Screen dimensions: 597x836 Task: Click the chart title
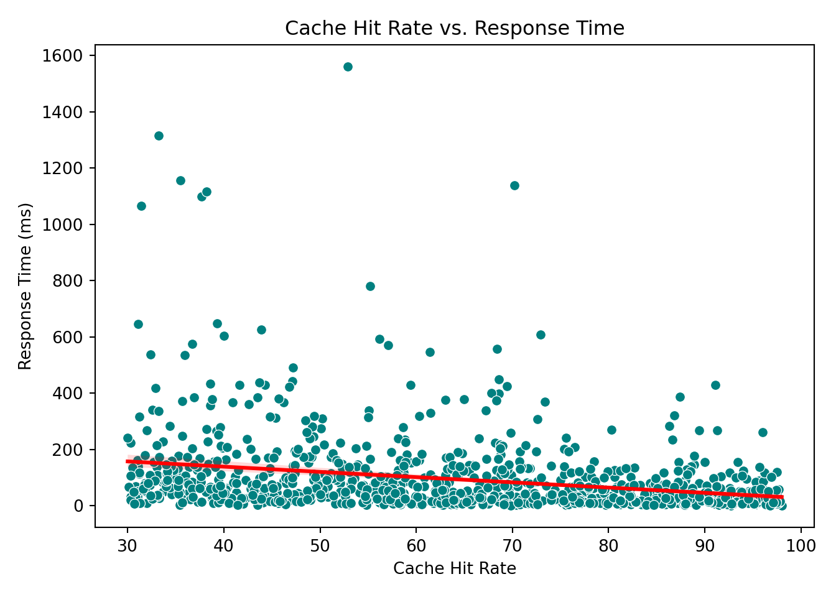(x=454, y=29)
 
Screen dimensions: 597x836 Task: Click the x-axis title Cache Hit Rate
(x=454, y=568)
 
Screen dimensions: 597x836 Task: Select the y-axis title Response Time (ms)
(x=25, y=286)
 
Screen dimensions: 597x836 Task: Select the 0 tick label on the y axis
(x=79, y=506)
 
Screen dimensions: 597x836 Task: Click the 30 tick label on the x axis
(x=128, y=547)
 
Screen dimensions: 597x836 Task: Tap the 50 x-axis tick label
(x=320, y=547)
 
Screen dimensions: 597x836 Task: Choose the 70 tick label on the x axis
(x=512, y=547)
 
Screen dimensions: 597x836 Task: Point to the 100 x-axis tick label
(x=801, y=547)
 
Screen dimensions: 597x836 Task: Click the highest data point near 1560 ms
(x=348, y=67)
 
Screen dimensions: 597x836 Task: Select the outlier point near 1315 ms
(x=159, y=136)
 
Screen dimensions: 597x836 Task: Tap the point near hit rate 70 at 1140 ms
(x=514, y=185)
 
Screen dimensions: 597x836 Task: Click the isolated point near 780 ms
(x=370, y=286)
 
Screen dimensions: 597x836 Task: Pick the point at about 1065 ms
(x=141, y=206)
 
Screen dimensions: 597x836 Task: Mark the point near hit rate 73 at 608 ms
(x=541, y=335)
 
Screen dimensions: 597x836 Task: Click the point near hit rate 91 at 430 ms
(x=715, y=385)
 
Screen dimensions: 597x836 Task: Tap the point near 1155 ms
(x=180, y=180)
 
